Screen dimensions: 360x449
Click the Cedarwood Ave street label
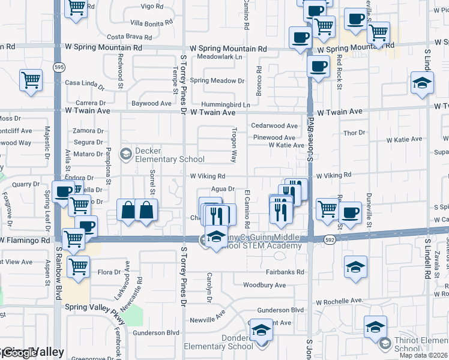[274, 126]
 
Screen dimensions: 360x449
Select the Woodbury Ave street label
[265, 285]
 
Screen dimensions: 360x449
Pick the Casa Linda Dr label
[85, 83]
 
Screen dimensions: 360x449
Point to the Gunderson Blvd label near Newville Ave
[281, 310]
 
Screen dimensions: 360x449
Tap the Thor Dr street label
[354, 133]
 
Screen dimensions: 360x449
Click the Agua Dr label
[222, 188]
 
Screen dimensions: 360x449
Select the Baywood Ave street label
[152, 103]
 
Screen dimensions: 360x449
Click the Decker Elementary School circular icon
[125, 154]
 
